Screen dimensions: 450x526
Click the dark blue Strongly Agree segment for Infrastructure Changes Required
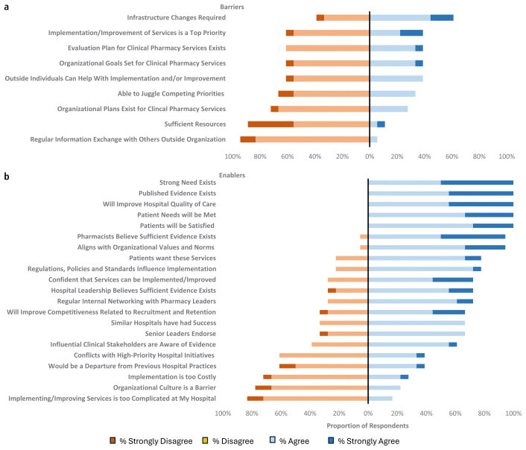(x=442, y=17)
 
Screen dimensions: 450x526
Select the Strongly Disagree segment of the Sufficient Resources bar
(x=270, y=124)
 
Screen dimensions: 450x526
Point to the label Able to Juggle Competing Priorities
(x=171, y=93)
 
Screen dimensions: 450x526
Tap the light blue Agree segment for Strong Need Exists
(x=405, y=183)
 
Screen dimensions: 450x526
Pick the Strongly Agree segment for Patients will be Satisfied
(x=492, y=226)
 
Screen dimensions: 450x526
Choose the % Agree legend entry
(x=290, y=441)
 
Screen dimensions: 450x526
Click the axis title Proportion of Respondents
(x=367, y=425)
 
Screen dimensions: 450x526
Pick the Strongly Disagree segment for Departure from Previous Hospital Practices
(x=288, y=366)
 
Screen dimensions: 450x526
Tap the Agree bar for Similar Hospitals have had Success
(x=416, y=323)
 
